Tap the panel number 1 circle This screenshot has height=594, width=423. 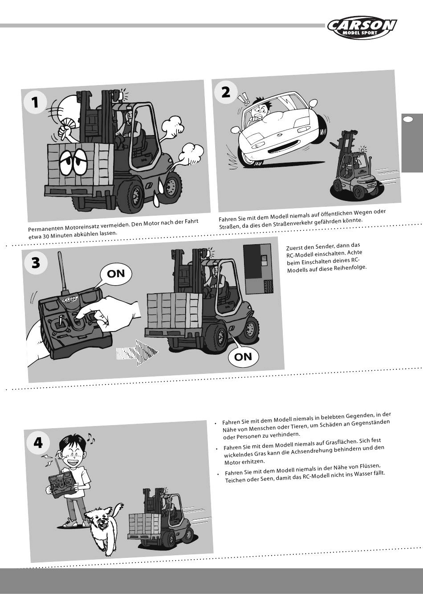[x=35, y=102]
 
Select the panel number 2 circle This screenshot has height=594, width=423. [x=226, y=92]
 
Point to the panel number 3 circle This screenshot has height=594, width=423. [x=36, y=262]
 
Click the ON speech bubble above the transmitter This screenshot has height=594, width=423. [x=116, y=275]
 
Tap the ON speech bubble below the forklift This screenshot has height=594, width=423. [x=243, y=356]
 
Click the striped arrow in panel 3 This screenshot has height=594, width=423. [x=137, y=352]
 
